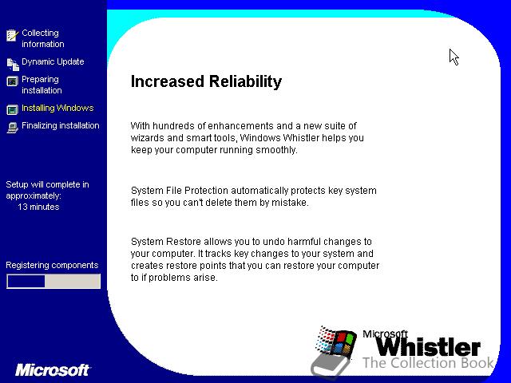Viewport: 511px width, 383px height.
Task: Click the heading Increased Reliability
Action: tap(206, 81)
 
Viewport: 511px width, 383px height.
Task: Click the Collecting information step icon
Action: tap(13, 35)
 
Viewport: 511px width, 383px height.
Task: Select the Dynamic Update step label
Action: tap(53, 61)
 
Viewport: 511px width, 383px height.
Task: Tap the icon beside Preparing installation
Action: tap(13, 81)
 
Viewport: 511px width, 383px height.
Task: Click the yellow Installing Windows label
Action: tap(57, 108)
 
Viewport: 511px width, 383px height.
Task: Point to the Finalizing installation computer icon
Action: tap(13, 128)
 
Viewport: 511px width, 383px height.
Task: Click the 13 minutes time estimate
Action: tap(38, 207)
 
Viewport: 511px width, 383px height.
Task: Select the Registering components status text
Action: tap(52, 265)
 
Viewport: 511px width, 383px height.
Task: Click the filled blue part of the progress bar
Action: tap(26, 282)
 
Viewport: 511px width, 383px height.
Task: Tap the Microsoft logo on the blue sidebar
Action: tap(53, 370)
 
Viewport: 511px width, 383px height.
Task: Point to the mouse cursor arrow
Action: tap(454, 57)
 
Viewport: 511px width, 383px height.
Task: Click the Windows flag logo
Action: tap(335, 342)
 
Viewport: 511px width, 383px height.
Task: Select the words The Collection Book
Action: tap(429, 363)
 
